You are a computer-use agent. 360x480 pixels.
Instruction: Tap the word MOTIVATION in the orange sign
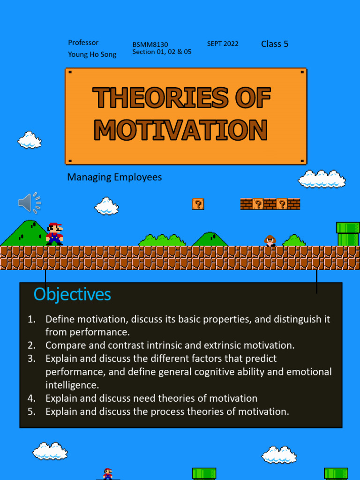pos(181,130)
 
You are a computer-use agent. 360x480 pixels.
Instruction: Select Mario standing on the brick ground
pos(54,233)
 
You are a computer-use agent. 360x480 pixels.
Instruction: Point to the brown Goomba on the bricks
pos(270,241)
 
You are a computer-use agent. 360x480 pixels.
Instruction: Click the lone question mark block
pos(198,204)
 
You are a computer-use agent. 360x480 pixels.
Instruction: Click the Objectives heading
pos(72,294)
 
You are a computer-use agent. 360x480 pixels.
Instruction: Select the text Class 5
pos(275,44)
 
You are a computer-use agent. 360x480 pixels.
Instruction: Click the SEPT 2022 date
pos(223,44)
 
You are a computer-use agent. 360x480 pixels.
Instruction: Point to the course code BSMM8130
pos(150,45)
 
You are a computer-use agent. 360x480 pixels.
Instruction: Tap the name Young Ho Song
pos(92,54)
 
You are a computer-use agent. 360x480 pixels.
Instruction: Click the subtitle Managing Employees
pos(114,177)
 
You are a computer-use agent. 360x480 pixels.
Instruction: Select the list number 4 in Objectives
pos(31,398)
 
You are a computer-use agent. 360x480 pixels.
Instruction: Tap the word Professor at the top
pos(83,43)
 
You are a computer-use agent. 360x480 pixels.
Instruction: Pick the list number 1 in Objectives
pos(31,319)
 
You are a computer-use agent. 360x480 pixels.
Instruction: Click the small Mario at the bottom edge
pos(108,473)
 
